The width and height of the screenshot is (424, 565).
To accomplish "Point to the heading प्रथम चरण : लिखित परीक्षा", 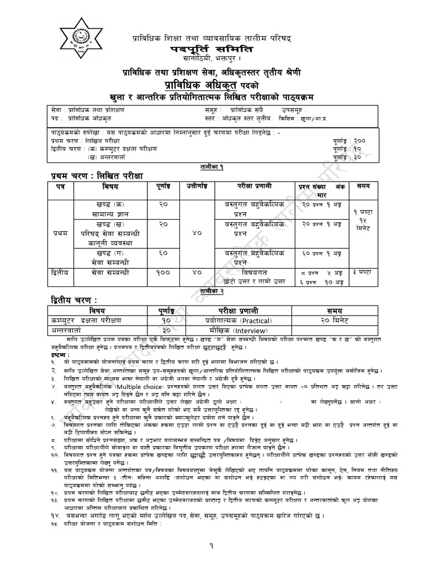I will click(x=94, y=175).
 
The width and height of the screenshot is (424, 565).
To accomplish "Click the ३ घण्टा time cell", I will click(x=364, y=272).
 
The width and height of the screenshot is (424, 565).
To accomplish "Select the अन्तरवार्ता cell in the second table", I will click(x=65, y=329).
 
